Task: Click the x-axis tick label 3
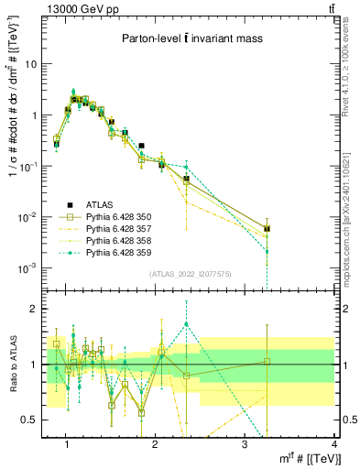pyautogui.click(x=246, y=444)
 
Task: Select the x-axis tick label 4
pyautogui.click(x=335, y=444)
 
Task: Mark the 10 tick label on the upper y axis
pyautogui.click(x=34, y=64)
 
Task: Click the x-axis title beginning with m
pyautogui.click(x=297, y=458)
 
